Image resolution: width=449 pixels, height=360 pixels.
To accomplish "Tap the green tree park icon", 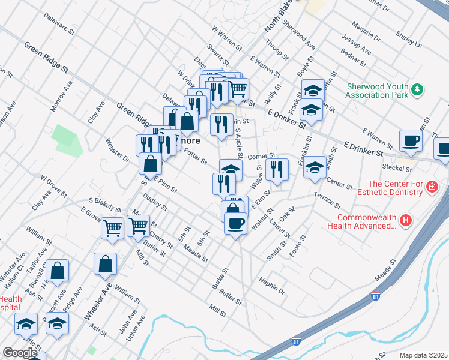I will click(417, 90).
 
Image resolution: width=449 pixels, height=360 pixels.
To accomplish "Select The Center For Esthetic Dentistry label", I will click(396, 188).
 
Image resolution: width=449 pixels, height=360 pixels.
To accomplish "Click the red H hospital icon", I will click(406, 221).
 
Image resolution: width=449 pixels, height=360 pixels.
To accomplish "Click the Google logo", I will click(20, 353).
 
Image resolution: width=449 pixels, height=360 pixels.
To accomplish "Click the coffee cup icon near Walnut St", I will click(235, 224).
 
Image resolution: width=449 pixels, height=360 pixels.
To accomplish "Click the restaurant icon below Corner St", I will click(276, 169).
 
